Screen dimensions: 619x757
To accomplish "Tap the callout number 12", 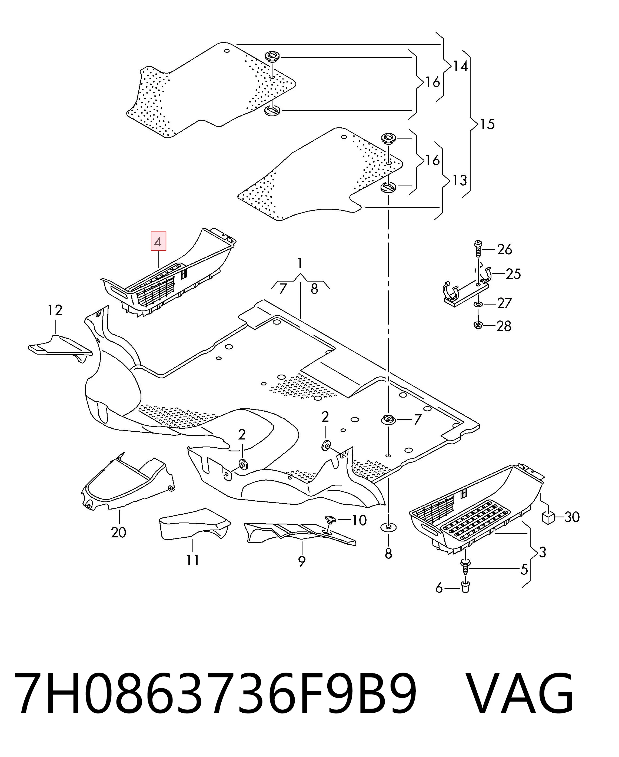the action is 55,310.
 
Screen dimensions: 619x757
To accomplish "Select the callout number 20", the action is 118,532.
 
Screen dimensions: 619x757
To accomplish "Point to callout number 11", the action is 192,560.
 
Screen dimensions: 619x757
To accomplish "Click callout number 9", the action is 302,561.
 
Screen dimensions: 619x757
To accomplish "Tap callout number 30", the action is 572,517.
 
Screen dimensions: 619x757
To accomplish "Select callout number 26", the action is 505,249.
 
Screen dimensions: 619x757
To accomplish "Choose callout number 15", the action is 487,124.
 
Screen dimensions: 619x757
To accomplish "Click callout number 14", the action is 460,66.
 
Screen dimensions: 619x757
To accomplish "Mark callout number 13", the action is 460,180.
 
